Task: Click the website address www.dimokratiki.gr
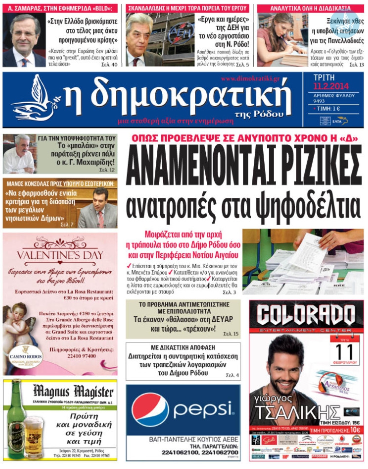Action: click(250, 79)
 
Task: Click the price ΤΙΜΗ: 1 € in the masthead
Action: click(330, 107)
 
